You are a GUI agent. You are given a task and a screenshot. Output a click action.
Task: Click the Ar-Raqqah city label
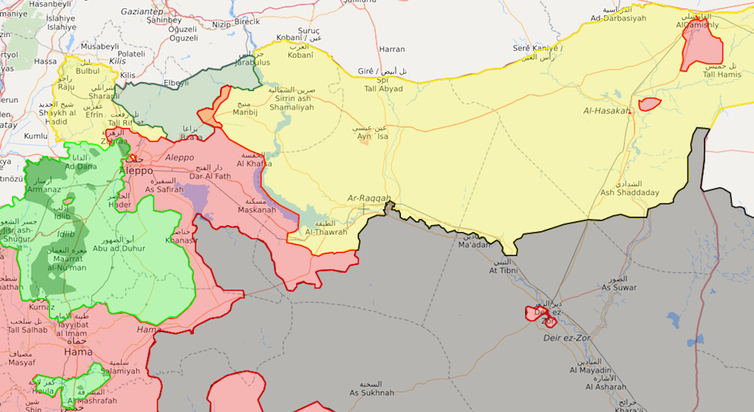(369, 198)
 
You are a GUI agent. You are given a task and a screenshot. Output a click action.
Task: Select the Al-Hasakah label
(607, 111)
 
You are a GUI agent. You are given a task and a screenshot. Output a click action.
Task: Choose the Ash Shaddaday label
(629, 192)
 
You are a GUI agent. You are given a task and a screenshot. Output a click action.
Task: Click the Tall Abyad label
(383, 88)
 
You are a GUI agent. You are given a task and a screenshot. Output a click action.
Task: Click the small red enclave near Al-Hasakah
(649, 104)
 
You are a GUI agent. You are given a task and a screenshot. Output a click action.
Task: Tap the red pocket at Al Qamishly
(702, 46)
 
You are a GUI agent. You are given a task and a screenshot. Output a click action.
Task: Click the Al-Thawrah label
(325, 231)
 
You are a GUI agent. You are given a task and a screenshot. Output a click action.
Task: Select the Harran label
(392, 49)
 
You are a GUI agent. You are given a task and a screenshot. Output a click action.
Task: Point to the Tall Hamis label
(721, 75)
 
